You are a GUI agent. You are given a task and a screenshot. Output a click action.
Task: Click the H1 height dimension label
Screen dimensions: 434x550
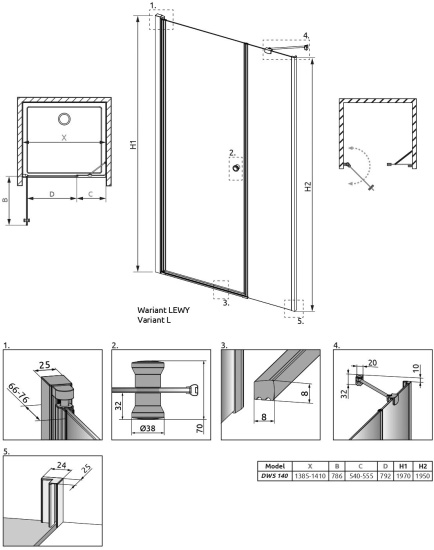(133, 145)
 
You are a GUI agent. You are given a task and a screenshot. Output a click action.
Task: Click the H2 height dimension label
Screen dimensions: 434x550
(308, 186)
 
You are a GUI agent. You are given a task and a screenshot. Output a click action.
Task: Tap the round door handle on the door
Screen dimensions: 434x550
(237, 168)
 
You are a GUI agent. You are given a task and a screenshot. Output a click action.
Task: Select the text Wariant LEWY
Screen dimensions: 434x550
(163, 310)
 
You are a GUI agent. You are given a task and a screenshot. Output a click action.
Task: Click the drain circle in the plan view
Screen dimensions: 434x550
(64, 119)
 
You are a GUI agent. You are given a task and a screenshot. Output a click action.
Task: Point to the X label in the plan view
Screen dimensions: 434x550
(64, 138)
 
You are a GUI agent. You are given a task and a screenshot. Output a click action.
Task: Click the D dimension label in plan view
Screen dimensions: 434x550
(52, 194)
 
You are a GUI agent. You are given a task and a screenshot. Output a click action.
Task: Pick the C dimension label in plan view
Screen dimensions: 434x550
(90, 194)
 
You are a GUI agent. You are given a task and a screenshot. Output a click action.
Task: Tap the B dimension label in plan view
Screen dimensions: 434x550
(5, 200)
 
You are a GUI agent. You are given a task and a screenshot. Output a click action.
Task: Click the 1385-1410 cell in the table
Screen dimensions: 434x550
(310, 476)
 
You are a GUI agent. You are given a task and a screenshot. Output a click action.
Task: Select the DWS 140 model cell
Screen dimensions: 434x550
(275, 476)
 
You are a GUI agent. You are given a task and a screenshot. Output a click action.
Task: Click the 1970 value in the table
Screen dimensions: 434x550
(403, 476)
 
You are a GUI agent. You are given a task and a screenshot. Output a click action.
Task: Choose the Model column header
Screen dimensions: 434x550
(275, 466)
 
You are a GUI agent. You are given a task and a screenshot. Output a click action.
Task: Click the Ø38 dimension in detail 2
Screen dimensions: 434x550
(148, 428)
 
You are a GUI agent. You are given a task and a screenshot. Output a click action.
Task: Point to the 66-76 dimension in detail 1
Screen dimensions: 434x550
(20, 393)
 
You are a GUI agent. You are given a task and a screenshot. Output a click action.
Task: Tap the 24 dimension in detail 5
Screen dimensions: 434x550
(61, 465)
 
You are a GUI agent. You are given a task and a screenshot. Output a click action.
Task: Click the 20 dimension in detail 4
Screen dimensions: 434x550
(372, 362)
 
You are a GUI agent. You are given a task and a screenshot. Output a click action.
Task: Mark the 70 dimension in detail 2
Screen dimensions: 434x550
(200, 428)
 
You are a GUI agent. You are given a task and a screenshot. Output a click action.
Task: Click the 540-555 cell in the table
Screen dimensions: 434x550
(361, 476)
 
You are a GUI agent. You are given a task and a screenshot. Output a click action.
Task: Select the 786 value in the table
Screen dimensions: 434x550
(337, 476)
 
